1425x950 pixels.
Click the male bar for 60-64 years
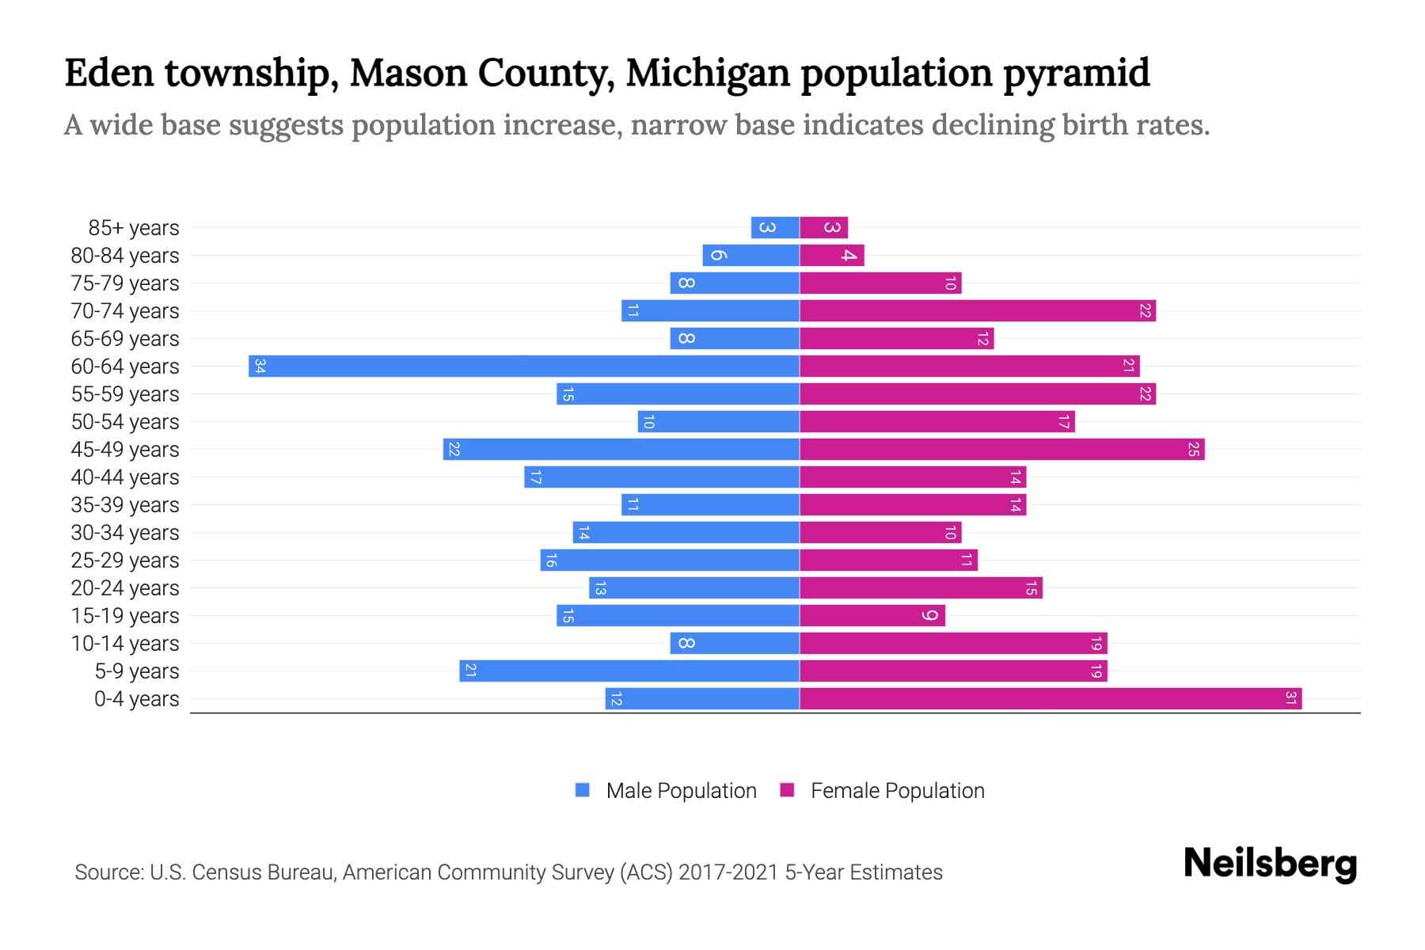(x=523, y=366)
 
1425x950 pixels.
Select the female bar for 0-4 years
(x=1051, y=698)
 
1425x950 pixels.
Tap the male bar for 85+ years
(x=775, y=227)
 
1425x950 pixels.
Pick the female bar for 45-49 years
(x=1001, y=449)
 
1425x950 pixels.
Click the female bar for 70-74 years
(x=977, y=310)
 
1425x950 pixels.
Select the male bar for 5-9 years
(x=629, y=671)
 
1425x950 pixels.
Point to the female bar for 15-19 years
(x=872, y=615)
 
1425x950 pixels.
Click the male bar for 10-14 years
(x=735, y=643)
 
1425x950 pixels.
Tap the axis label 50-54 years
(x=125, y=422)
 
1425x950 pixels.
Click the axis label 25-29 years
(x=125, y=560)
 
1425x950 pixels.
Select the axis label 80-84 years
(x=125, y=256)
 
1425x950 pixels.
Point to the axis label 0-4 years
(x=136, y=699)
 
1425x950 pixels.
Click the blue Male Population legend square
(x=583, y=790)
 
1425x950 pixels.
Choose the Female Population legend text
(x=897, y=790)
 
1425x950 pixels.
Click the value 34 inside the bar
(x=260, y=366)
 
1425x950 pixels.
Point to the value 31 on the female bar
(x=1290, y=698)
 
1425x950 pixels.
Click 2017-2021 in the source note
(x=728, y=872)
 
